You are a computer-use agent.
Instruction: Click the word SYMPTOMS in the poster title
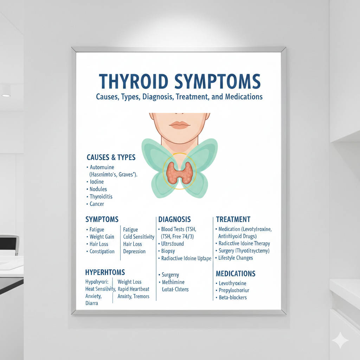coord(218,82)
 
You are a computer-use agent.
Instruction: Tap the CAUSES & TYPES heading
coord(111,157)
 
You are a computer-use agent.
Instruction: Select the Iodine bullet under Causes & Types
coord(97,182)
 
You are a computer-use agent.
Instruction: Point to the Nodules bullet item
coord(98,189)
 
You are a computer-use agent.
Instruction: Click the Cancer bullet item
coord(97,204)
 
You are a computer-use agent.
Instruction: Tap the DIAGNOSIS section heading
coord(174,219)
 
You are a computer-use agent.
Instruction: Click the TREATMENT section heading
coord(233,219)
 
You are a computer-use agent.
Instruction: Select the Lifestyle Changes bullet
coord(235,258)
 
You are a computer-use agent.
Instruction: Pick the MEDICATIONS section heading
coord(236,274)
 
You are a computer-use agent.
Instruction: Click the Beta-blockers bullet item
coord(232,297)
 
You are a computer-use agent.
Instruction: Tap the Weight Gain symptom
coord(102,237)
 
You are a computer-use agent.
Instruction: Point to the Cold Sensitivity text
coord(139,237)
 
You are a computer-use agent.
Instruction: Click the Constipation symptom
coord(102,251)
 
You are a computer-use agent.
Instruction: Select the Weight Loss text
coord(129,282)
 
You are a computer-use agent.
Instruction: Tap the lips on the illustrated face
coord(180,124)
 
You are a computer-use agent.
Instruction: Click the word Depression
coord(134,251)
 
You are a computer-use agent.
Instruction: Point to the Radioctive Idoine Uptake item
coord(186,258)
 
